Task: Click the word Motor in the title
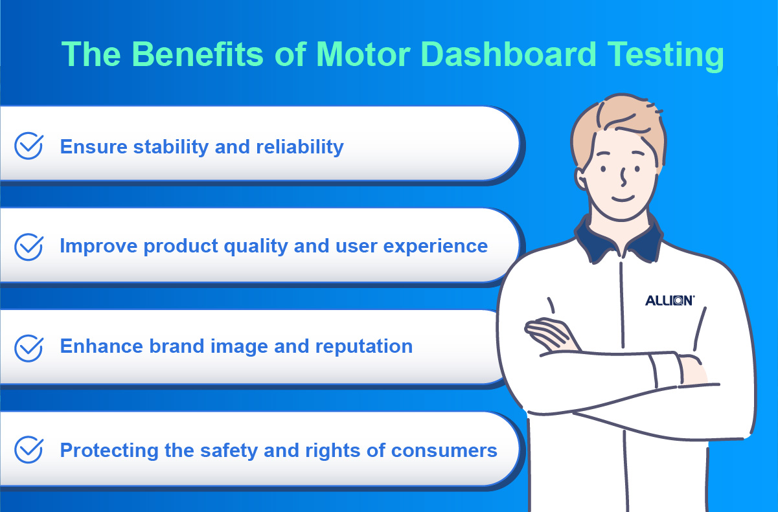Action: pos(363,54)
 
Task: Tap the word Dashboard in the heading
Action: pos(509,54)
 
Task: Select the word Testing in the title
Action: pos(665,56)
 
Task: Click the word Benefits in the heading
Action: pos(198,54)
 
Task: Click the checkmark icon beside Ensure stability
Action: pos(29,146)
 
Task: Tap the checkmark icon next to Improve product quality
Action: pos(29,247)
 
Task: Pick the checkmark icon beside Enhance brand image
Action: pos(29,348)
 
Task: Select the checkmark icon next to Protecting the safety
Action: pos(29,449)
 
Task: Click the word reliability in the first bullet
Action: pos(300,147)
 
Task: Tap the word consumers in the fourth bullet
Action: pos(444,451)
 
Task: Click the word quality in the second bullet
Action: pos(256,247)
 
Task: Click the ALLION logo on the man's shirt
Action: pos(670,300)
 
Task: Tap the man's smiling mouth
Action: pos(623,199)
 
